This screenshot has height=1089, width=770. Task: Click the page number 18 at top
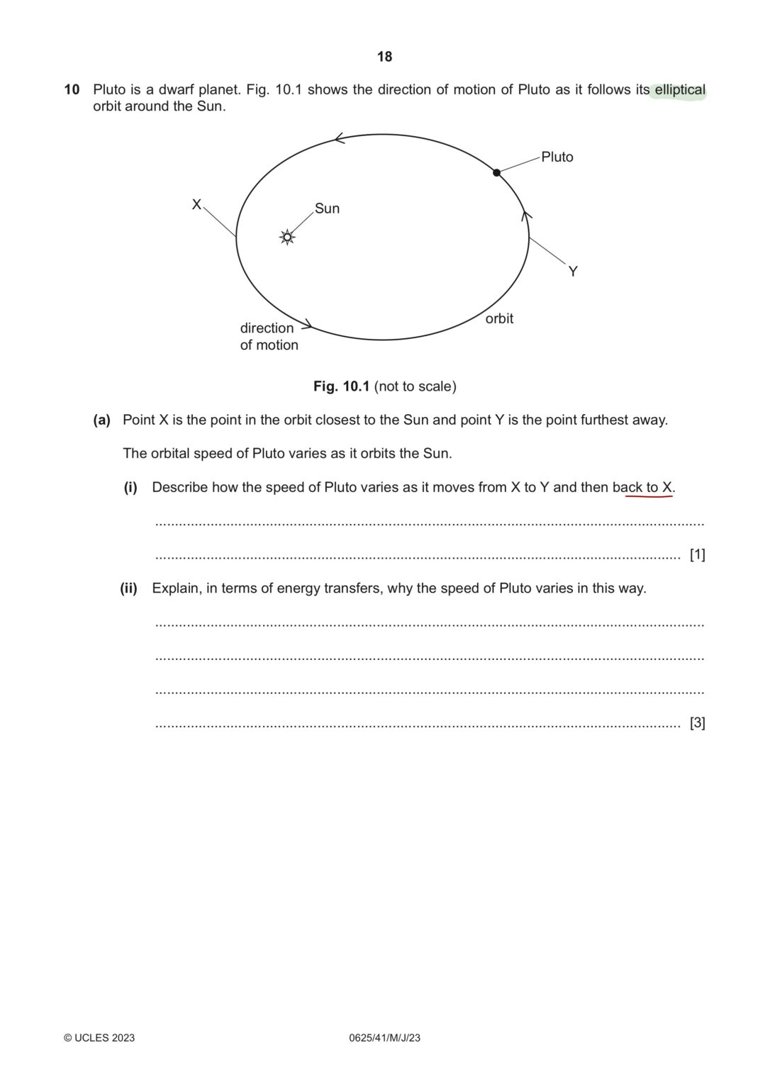384,57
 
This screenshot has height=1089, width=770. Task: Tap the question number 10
72,90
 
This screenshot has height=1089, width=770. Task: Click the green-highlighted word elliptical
679,91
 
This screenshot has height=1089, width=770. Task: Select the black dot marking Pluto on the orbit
497,172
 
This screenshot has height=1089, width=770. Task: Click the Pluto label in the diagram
557,157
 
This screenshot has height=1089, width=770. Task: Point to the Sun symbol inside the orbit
287,238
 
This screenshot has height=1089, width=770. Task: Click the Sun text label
327,208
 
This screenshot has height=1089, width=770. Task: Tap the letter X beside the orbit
196,205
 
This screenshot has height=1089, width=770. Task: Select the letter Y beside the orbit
573,272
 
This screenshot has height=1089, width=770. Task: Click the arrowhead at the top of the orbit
339,138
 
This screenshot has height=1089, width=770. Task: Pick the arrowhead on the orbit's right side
526,215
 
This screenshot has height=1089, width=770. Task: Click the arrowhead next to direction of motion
307,327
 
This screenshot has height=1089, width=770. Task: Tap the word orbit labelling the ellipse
499,319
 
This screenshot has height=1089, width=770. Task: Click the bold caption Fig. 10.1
342,386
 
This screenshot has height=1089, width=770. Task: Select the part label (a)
102,420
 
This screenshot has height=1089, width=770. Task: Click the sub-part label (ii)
128,588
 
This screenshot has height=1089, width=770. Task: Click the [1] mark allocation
697,555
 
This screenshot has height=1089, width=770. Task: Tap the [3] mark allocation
697,723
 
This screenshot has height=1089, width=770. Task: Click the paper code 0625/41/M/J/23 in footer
385,1038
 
